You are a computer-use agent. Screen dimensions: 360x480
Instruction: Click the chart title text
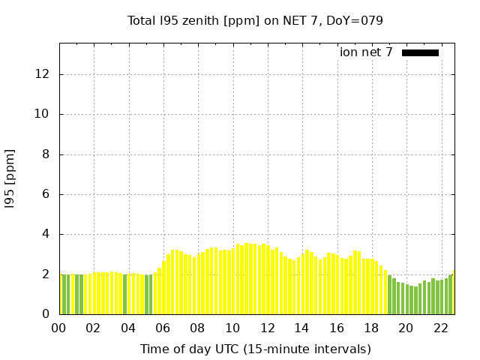click(x=255, y=20)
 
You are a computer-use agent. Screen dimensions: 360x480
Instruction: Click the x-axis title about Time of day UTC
click(x=255, y=349)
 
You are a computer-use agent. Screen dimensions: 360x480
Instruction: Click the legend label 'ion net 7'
click(x=366, y=52)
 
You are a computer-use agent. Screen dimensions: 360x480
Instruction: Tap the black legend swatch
click(x=420, y=52)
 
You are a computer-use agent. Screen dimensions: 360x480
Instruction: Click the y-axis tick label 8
click(x=46, y=154)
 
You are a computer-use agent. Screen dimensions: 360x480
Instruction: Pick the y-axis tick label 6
click(x=46, y=194)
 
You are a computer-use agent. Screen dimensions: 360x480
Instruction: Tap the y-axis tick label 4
click(x=46, y=234)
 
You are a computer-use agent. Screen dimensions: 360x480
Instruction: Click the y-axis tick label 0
click(x=46, y=314)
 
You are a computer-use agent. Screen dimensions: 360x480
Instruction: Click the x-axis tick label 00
click(x=58, y=328)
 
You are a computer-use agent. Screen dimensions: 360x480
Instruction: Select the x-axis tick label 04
click(x=128, y=328)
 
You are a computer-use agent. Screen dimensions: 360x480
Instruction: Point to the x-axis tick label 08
click(x=197, y=328)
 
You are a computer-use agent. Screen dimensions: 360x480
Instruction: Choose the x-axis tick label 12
click(x=267, y=328)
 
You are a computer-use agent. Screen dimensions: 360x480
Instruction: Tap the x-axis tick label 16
click(x=336, y=328)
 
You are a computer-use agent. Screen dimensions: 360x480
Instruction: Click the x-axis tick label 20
click(x=406, y=328)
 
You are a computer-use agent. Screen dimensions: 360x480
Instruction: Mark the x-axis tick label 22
click(x=440, y=328)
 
